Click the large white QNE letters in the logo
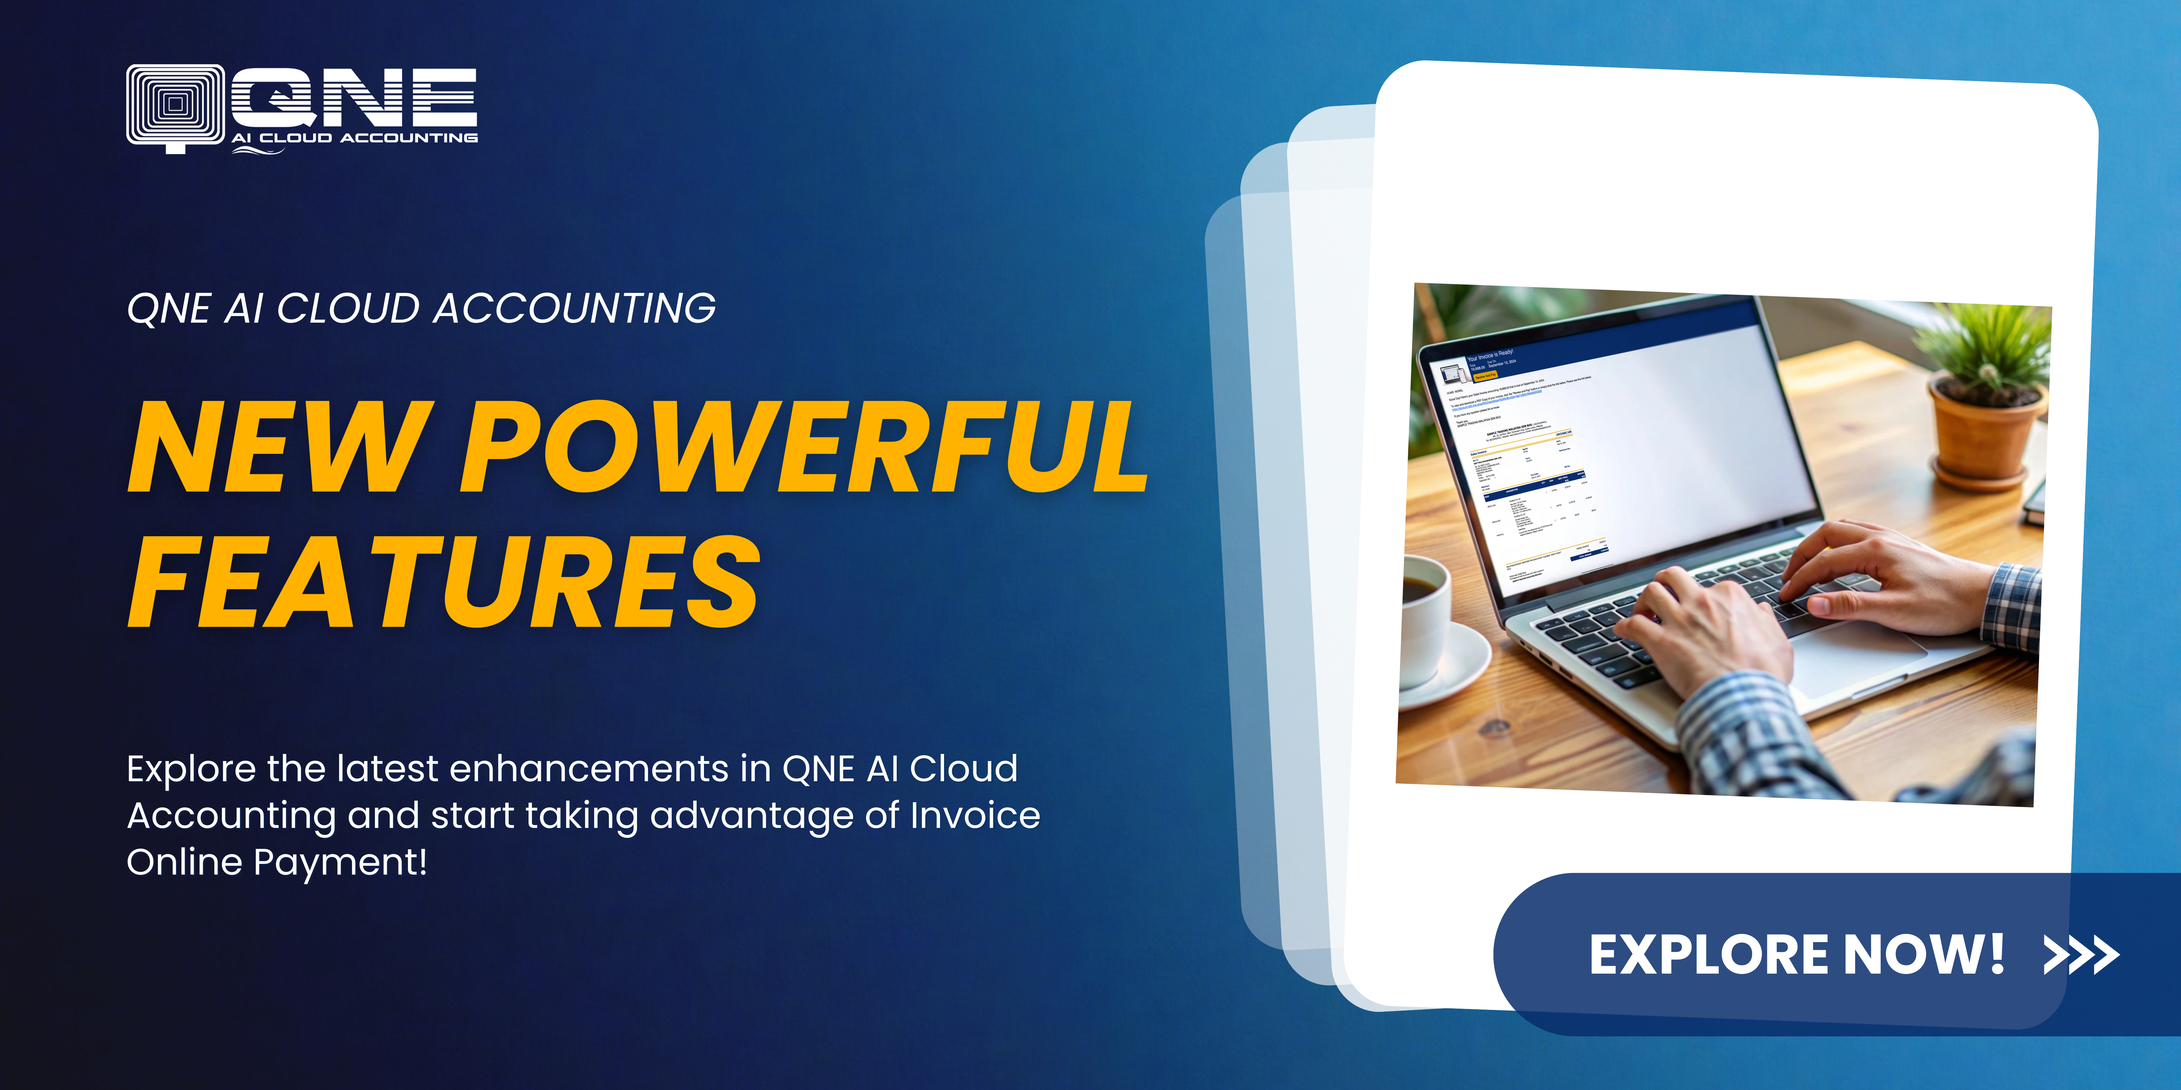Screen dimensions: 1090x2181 click(354, 97)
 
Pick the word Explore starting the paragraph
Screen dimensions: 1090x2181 click(191, 769)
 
